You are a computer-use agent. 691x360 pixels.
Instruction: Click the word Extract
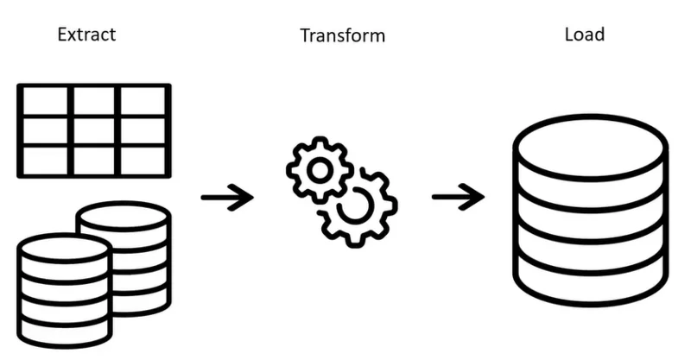(87, 35)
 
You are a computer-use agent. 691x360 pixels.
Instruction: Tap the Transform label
(342, 35)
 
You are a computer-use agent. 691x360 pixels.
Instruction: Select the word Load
(585, 35)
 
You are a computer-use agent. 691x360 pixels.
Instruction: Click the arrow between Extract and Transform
(227, 197)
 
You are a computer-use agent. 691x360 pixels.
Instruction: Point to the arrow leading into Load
(459, 197)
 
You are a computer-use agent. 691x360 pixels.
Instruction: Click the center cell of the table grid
(94, 130)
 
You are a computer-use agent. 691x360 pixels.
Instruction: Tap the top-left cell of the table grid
(45, 101)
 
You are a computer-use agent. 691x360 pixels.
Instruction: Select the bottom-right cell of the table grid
(143, 160)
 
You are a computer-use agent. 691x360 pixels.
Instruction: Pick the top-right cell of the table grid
(143, 101)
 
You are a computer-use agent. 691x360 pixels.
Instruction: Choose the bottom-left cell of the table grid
(45, 160)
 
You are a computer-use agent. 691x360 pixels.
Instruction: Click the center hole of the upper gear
(320, 171)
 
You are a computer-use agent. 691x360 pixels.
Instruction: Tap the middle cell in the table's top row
(94, 101)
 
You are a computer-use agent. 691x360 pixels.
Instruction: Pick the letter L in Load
(569, 35)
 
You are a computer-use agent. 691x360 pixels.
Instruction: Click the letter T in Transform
(305, 35)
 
